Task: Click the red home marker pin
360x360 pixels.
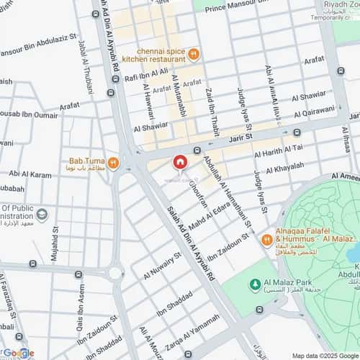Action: pos(179,163)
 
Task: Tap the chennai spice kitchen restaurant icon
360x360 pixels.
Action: pos(193,54)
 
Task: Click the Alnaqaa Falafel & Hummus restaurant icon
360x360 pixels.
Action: pos(266,240)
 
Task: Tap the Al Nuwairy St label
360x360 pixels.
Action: pos(162,266)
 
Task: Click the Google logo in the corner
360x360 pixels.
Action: pos(17,353)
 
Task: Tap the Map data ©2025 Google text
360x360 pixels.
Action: pos(324,355)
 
